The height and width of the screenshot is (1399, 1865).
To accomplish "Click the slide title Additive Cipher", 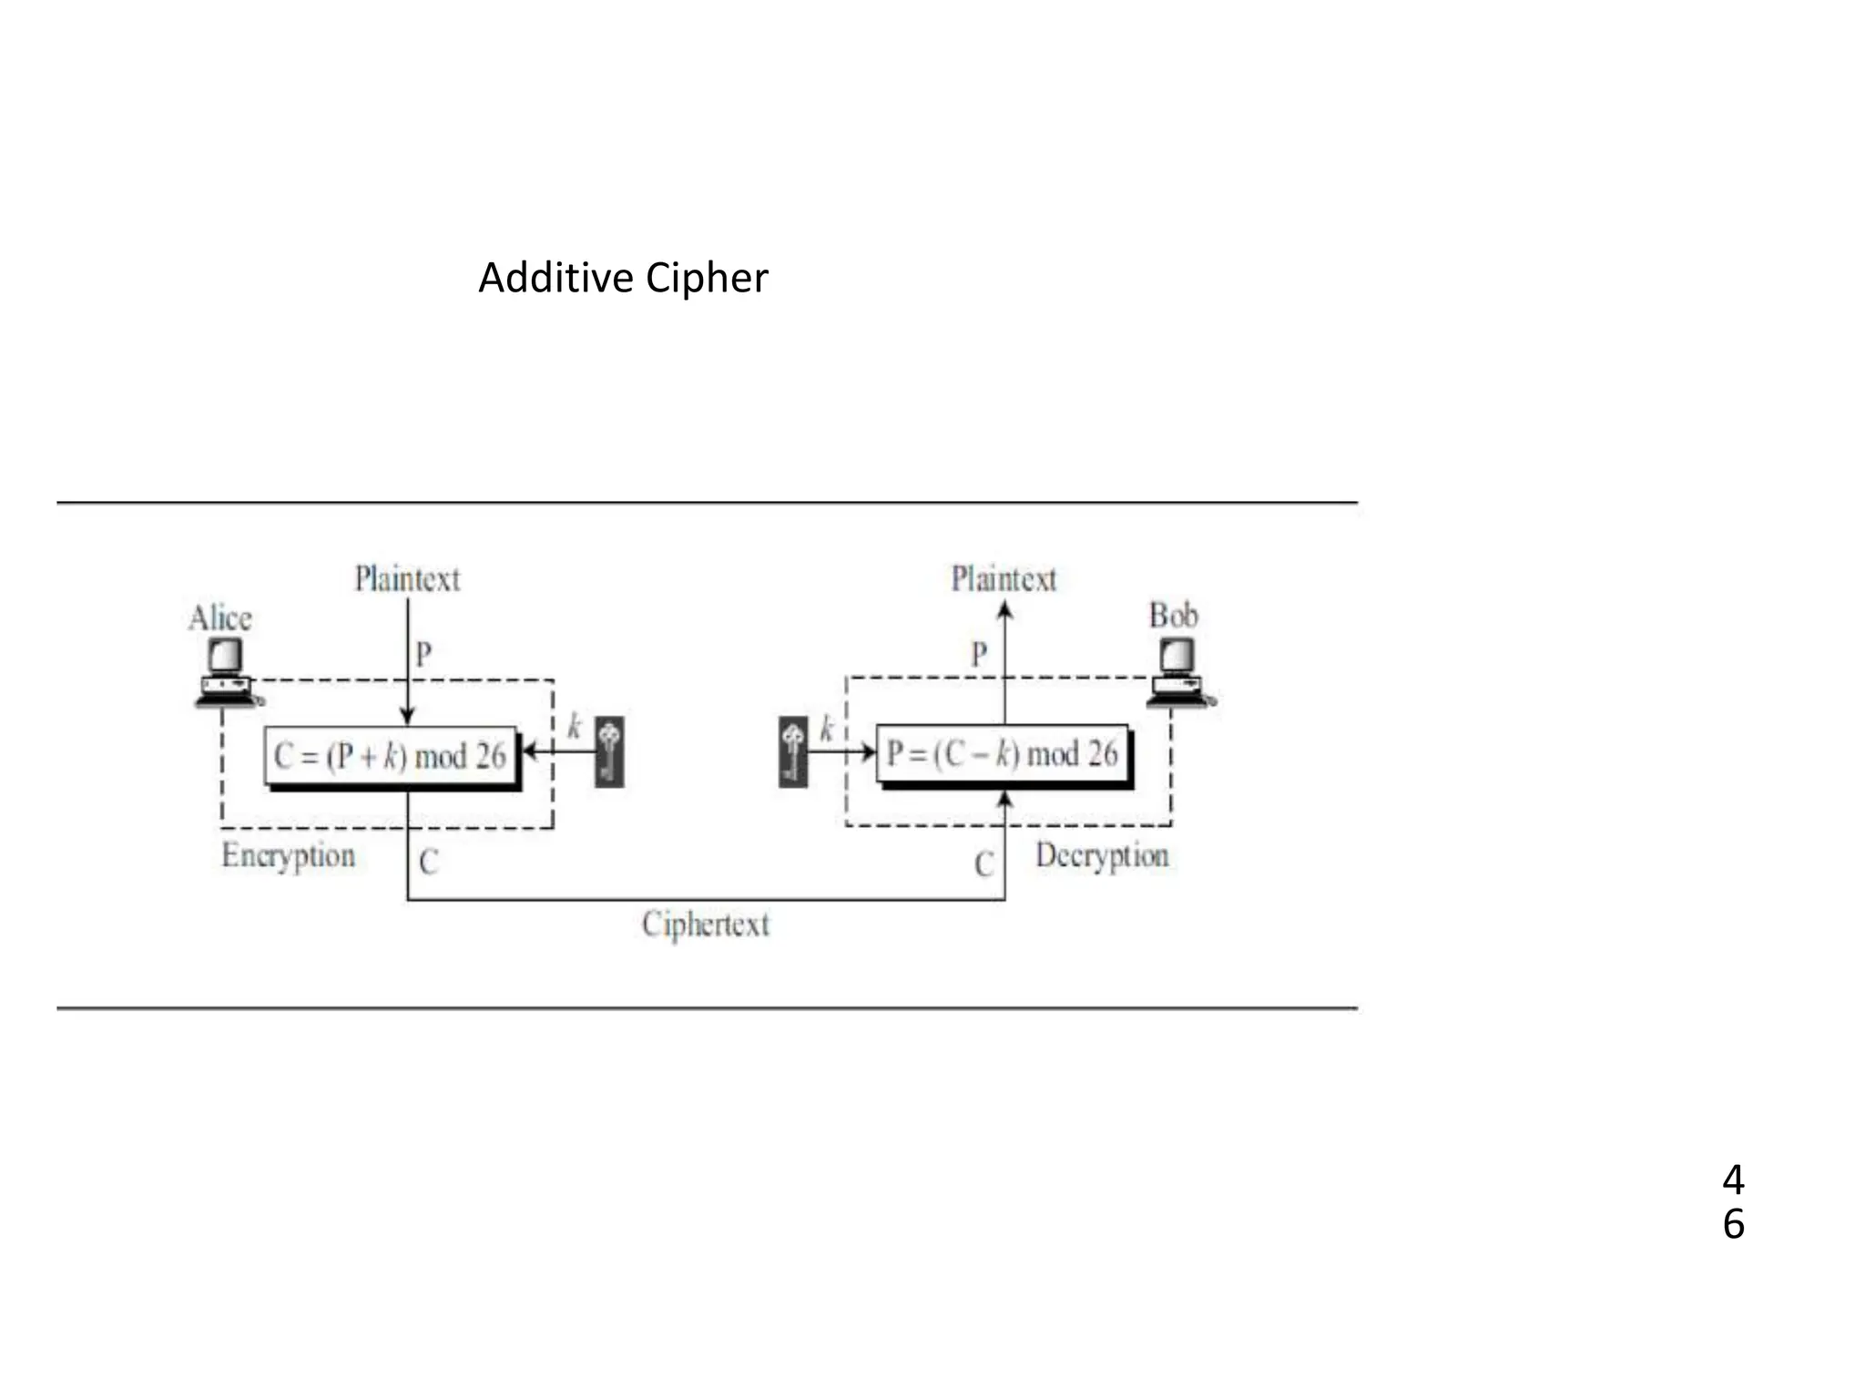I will [x=623, y=278].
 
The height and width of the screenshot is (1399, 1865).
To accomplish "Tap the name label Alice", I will [x=220, y=618].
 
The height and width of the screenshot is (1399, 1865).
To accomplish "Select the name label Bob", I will [x=1173, y=616].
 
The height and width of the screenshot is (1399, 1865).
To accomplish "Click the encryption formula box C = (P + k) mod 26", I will [x=391, y=756].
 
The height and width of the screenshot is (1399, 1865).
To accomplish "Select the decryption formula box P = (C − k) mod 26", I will [x=1002, y=753].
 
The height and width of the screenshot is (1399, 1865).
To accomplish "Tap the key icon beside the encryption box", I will [x=610, y=751].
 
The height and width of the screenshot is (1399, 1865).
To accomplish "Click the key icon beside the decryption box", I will [x=793, y=751].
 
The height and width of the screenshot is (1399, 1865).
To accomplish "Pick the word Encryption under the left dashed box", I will [x=289, y=856].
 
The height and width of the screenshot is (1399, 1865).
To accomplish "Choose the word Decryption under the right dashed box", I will [x=1102, y=856].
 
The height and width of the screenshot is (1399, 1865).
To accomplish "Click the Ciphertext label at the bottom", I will [x=706, y=924].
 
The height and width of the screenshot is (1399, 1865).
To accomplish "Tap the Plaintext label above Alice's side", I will [x=407, y=579].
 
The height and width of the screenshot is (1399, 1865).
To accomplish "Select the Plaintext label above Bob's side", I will [x=1004, y=579].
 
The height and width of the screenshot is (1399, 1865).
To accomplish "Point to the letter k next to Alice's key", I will [x=575, y=726].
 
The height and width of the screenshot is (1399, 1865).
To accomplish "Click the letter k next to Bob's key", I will [x=827, y=728].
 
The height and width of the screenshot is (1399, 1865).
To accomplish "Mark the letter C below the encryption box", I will [x=429, y=862].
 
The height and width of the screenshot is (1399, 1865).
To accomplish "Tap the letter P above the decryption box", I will [x=979, y=654].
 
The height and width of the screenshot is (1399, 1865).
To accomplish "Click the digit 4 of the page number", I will [x=1733, y=1180].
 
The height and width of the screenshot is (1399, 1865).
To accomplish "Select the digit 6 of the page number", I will [x=1733, y=1224].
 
